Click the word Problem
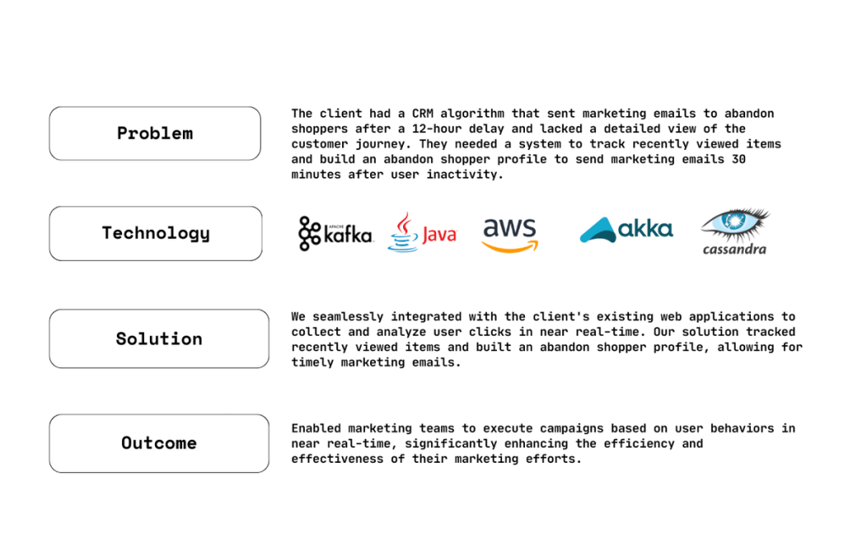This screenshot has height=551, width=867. point(155,133)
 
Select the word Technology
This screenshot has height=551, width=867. point(156,233)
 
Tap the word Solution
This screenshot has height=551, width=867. point(159,339)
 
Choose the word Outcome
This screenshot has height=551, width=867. point(159,443)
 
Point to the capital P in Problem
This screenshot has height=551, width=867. point(122,133)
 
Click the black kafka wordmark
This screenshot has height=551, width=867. point(347,235)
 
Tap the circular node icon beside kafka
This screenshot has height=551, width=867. point(309,234)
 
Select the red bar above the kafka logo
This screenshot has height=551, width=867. point(356,218)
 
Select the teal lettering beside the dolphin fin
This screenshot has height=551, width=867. point(645,227)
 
